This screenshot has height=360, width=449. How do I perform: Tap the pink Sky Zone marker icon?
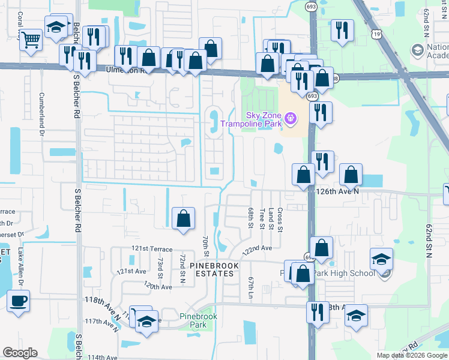[291, 118]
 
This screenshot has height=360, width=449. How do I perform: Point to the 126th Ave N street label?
[337, 191]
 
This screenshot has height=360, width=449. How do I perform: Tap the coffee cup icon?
[18, 299]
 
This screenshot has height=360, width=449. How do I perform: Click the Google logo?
[20, 353]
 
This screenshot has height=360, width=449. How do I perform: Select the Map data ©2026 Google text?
[411, 355]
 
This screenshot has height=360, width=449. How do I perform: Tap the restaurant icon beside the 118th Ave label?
[318, 311]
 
